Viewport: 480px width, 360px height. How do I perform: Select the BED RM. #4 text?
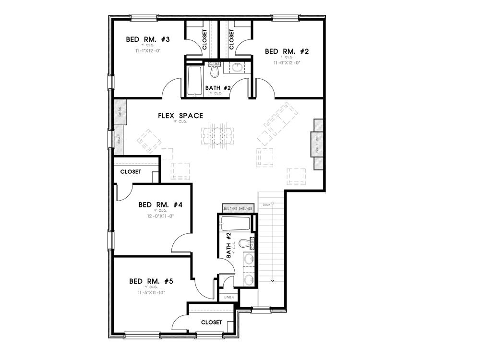point(160,204)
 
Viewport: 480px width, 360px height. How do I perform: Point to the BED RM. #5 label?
point(147,281)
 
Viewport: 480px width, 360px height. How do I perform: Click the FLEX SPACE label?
point(180,116)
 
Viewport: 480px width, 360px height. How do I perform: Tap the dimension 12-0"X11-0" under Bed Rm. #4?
point(160,216)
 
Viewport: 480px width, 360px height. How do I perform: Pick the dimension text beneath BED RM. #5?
point(147,292)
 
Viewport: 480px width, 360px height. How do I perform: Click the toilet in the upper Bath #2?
point(215,71)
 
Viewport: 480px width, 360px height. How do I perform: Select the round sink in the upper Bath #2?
point(238,67)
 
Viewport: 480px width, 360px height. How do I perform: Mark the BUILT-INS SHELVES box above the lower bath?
point(238,208)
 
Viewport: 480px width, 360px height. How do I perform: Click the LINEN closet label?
point(229,298)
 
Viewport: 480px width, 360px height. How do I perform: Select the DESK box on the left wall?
point(120,112)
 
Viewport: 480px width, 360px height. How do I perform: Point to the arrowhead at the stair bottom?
point(273,280)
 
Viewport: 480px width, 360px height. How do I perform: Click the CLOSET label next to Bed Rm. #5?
point(211,322)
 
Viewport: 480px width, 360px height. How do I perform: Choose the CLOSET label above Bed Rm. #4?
point(131,171)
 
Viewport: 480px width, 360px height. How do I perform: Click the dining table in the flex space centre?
point(217,135)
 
